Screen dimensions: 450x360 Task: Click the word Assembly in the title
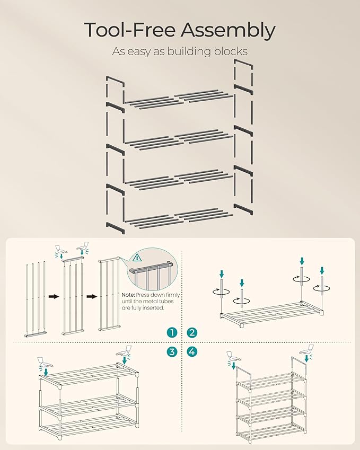tap(228, 31)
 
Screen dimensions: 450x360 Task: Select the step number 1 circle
tap(171, 333)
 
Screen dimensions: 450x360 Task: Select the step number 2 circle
tap(191, 333)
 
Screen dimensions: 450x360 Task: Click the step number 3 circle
tap(171, 351)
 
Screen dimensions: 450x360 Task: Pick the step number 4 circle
tap(191, 351)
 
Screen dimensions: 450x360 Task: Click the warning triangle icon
tap(138, 258)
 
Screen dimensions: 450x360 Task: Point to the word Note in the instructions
tap(128, 295)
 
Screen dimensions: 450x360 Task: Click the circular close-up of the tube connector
tap(151, 268)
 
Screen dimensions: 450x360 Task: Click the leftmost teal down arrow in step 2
tap(222, 274)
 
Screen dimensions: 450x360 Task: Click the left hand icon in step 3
tap(45, 363)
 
